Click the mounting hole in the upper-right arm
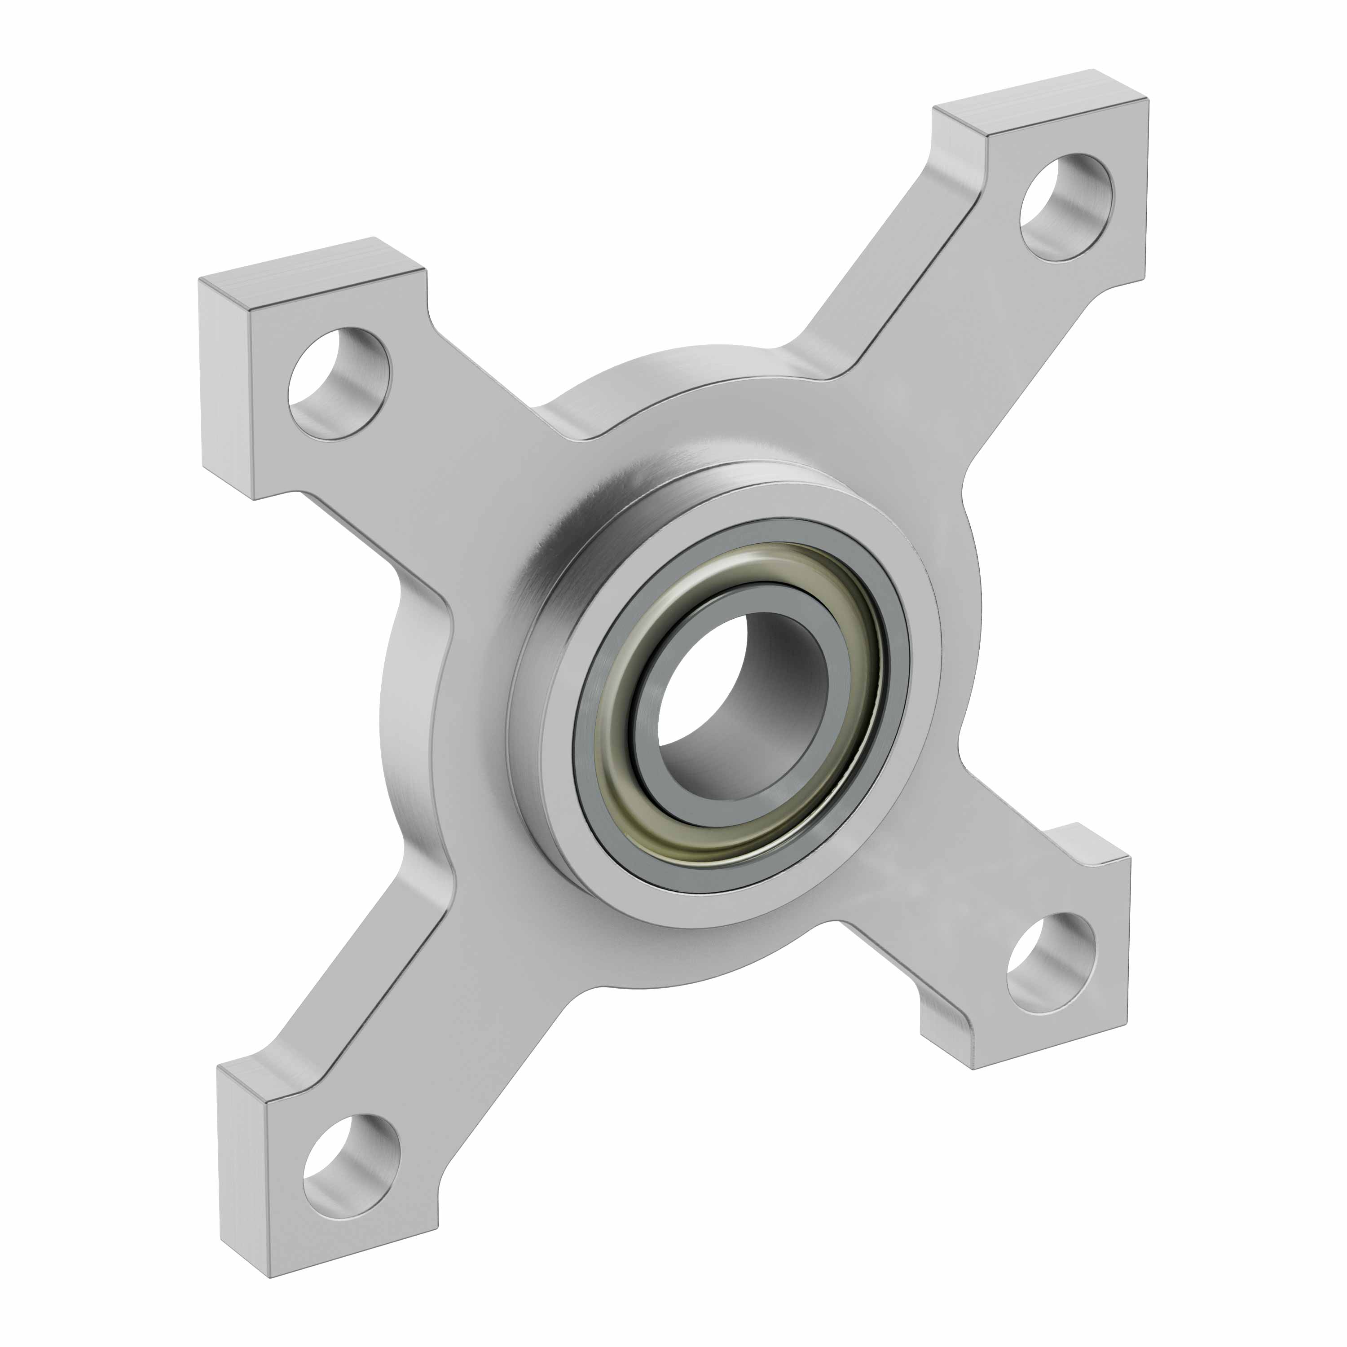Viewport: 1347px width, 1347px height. click(x=1066, y=207)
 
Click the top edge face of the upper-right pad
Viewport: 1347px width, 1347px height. click(x=1039, y=101)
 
